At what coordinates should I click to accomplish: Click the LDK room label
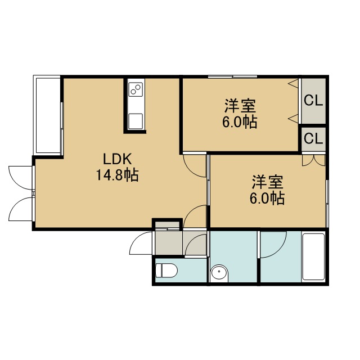coord(118,159)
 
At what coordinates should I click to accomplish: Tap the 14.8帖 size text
coord(118,175)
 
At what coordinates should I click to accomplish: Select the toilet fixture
coord(166,271)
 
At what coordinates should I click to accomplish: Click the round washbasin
coord(219,273)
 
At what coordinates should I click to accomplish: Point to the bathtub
coord(313,256)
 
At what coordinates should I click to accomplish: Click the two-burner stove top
coord(136,89)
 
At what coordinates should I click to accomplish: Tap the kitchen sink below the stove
coord(136,121)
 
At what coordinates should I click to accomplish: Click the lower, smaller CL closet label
coord(313,138)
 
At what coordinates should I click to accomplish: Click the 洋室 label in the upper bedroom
coord(240,106)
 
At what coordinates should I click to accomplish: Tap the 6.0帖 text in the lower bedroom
coord(267,198)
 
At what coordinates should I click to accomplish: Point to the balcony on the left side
coord(48,115)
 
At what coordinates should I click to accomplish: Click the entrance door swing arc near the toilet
coord(141,243)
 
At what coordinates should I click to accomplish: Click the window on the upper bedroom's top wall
coord(232,76)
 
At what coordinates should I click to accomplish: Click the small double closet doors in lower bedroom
coord(314,160)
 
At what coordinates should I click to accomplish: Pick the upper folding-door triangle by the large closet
coord(294,83)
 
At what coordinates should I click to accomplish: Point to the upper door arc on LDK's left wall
coord(21,178)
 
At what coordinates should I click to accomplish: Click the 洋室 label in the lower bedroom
coord(268,182)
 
